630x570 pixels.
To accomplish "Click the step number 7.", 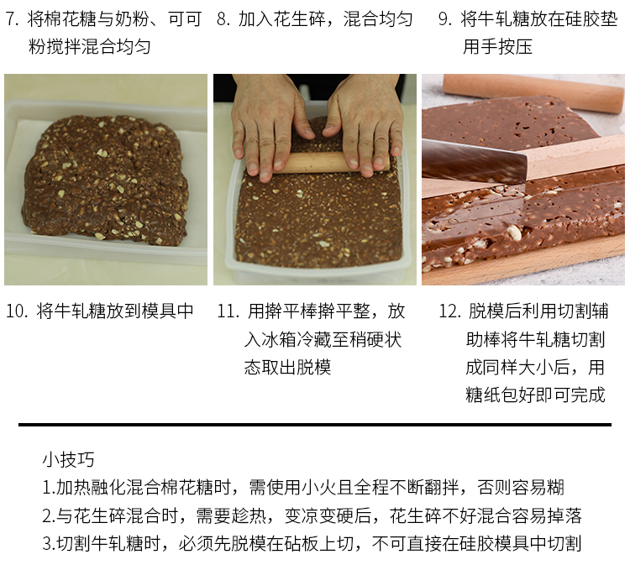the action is click(x=12, y=19).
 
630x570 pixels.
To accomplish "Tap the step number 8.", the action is click(x=223, y=19).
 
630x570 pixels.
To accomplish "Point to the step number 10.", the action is click(x=16, y=311).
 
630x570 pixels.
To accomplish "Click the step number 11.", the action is click(x=228, y=311).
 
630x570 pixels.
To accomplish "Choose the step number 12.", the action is click(x=449, y=311).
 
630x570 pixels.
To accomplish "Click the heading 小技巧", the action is click(x=68, y=460).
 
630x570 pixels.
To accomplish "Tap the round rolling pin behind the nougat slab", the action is click(x=533, y=92).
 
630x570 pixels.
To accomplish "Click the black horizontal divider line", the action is click(x=315, y=424).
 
